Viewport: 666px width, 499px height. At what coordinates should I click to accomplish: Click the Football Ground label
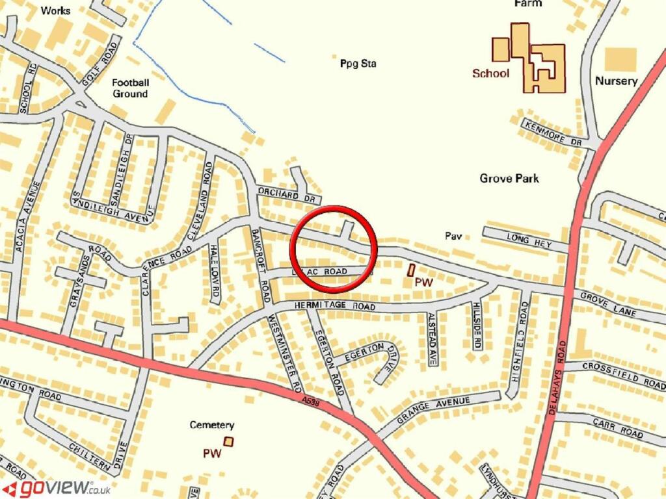click(x=130, y=88)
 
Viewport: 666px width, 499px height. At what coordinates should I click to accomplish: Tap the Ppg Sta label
click(x=358, y=64)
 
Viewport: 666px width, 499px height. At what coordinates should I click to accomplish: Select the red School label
click(x=490, y=73)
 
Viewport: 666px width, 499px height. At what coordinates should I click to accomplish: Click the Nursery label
click(x=616, y=81)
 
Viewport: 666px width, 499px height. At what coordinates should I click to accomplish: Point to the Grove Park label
click(x=509, y=178)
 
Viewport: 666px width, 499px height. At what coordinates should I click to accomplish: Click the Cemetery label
click(x=211, y=425)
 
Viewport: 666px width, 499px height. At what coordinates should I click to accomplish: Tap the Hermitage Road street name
click(x=335, y=305)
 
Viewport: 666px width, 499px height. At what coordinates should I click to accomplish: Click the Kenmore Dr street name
click(x=553, y=133)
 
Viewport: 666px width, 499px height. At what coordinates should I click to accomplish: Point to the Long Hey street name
click(x=529, y=241)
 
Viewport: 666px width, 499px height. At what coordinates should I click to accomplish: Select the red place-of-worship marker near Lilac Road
click(x=411, y=270)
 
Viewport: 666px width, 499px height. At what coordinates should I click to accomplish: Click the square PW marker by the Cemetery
click(x=228, y=442)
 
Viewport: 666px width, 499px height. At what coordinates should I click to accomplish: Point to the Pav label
click(x=453, y=237)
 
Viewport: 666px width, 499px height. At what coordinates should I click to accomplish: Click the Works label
click(x=55, y=10)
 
